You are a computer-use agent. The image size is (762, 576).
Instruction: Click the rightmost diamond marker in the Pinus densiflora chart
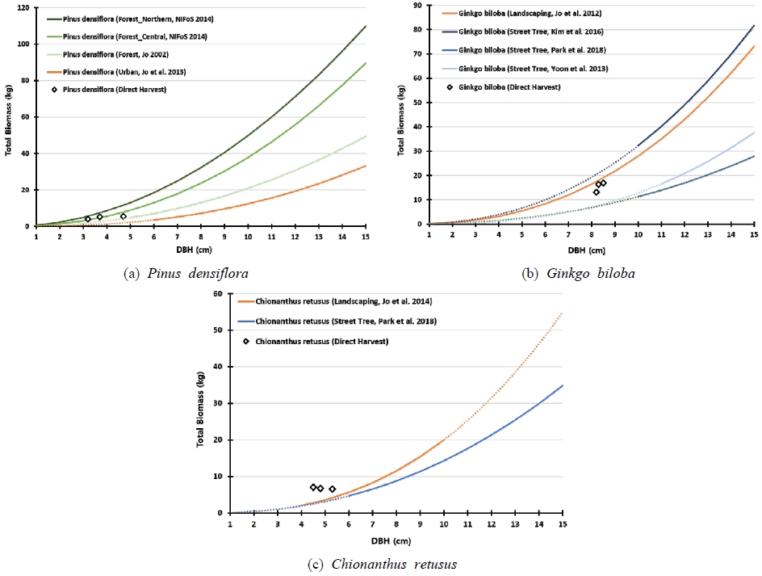tap(124, 216)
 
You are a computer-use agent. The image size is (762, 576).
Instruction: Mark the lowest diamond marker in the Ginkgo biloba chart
tap(596, 192)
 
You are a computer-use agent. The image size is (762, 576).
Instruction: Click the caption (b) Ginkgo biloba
tap(579, 274)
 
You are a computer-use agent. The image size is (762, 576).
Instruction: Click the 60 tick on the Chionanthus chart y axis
tap(218, 293)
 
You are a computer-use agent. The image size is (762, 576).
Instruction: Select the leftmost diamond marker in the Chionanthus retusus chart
tap(313, 487)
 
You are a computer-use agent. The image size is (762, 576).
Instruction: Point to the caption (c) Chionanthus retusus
tap(382, 564)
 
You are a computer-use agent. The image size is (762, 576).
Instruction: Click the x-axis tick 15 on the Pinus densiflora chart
tap(366, 237)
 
